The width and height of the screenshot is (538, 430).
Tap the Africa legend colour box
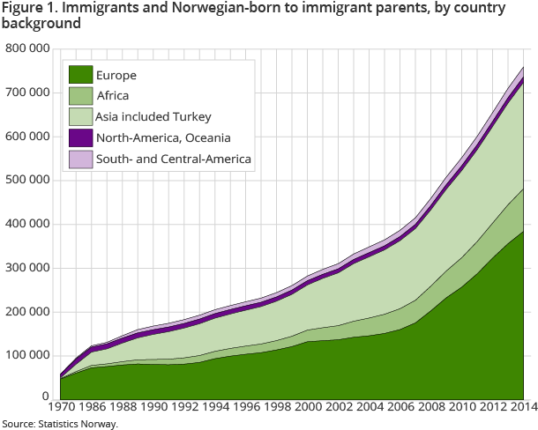click(81, 96)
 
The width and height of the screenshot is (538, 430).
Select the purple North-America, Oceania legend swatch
click(81, 137)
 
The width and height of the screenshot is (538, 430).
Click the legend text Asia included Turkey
click(154, 116)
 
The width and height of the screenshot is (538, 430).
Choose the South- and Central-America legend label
click(173, 159)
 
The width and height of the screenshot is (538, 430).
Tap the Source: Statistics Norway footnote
click(59, 424)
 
